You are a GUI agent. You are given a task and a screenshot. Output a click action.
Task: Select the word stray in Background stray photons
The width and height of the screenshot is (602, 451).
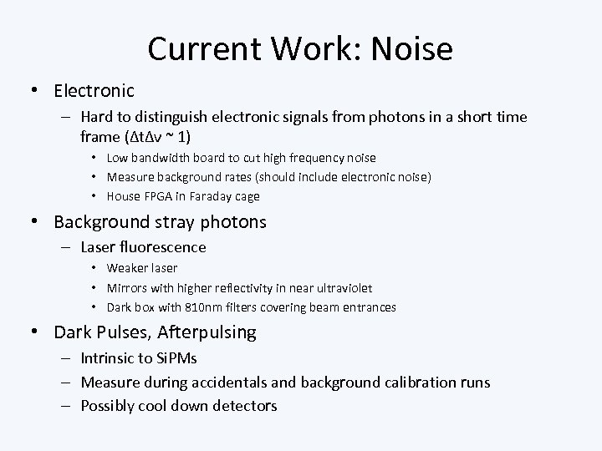click(x=175, y=222)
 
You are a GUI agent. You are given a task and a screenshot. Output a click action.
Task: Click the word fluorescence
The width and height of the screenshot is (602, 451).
click(x=161, y=247)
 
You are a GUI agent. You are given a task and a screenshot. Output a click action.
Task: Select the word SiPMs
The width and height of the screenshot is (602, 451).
click(x=177, y=358)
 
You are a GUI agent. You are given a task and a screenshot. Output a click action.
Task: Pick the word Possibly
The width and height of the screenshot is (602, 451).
click(x=109, y=406)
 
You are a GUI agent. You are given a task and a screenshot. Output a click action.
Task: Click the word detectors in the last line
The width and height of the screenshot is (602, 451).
click(x=241, y=406)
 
